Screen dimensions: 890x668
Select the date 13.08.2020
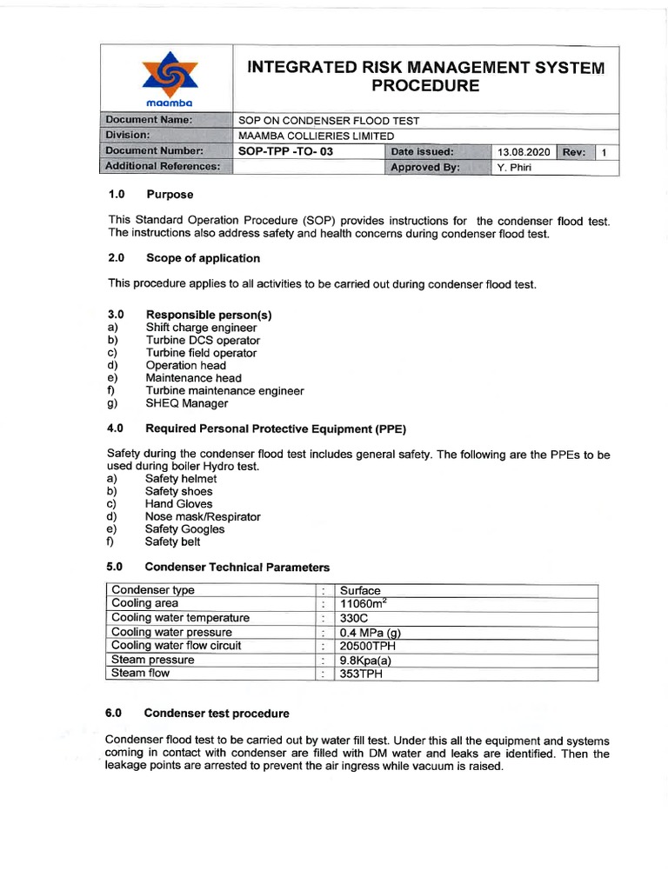coord(524,152)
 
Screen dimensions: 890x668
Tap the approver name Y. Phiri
coord(513,168)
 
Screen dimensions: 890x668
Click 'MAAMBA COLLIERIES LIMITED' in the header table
coord(317,136)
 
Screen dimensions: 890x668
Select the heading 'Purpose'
coord(170,194)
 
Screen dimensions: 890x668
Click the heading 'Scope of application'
coord(203,258)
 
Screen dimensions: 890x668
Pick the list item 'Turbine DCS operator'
coord(203,341)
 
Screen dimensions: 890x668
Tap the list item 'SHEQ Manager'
coord(187,403)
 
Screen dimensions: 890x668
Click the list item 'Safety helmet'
coord(181,479)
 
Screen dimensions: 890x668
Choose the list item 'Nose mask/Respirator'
coord(203,516)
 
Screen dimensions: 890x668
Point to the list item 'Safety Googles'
coord(185,529)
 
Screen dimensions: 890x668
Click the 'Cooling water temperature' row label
coord(181,618)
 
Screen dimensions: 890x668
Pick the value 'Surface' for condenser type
coord(360,590)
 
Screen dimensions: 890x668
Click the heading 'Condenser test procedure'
coord(217,714)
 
